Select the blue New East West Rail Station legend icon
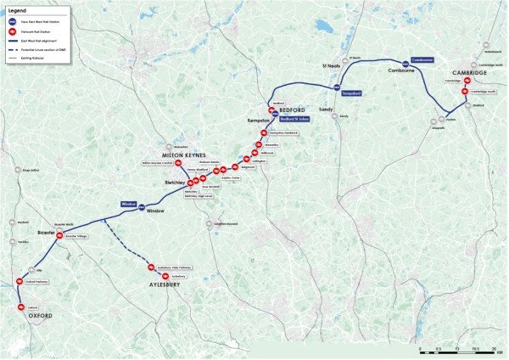pyautogui.click(x=13, y=20)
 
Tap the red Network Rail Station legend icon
pyautogui.click(x=13, y=30)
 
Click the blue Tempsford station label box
pyautogui.click(x=351, y=92)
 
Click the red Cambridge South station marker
pyautogui.click(x=465, y=92)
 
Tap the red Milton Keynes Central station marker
pyautogui.click(x=178, y=163)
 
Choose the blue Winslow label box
pyautogui.click(x=129, y=204)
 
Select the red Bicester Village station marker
pyautogui.click(x=59, y=235)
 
